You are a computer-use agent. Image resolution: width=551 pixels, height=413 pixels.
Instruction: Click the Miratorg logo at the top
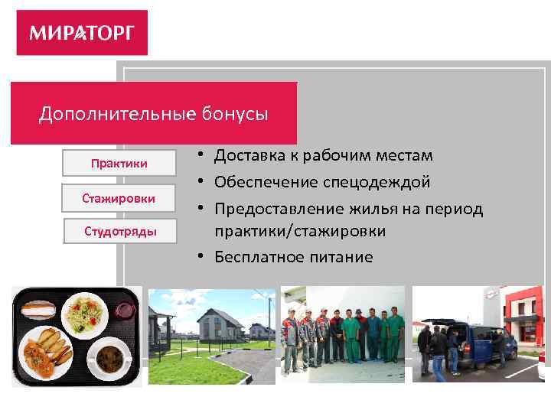[x=82, y=33]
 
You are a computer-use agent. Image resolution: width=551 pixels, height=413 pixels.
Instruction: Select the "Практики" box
[x=119, y=164]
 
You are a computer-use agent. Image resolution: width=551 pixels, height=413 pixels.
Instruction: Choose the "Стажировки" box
[x=119, y=198]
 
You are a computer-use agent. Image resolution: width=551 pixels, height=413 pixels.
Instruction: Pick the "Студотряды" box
[x=119, y=231]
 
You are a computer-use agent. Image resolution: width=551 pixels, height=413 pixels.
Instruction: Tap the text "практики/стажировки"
[x=300, y=231]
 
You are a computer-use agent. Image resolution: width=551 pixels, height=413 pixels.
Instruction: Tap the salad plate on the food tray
[x=86, y=315]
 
